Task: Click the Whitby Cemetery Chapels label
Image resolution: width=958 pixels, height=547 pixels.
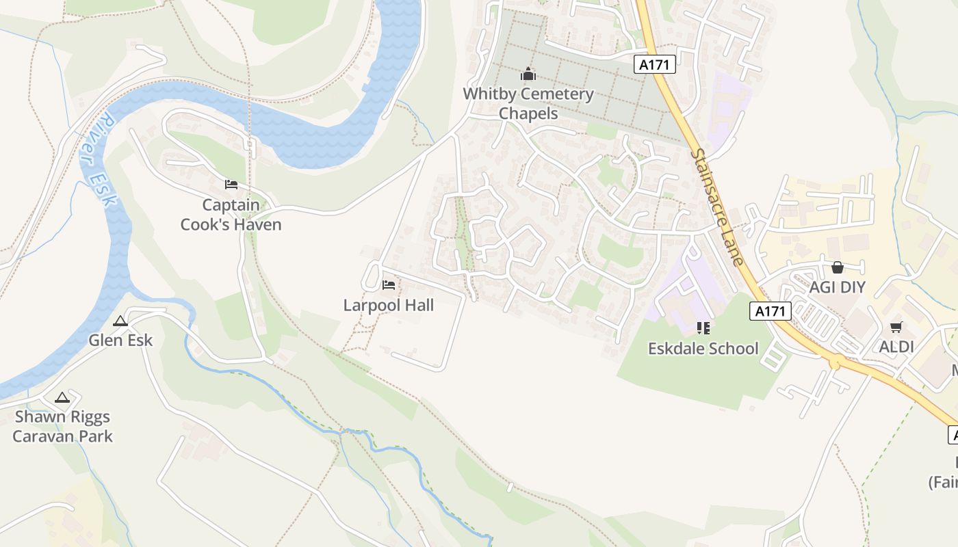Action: [x=528, y=103]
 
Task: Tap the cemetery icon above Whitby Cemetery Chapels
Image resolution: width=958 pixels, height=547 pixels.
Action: [x=528, y=74]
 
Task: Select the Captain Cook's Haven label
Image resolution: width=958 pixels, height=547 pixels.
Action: [x=231, y=215]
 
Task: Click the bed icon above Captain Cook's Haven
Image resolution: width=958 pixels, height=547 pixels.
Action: [x=231, y=185]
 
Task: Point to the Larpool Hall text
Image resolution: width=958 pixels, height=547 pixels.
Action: [x=388, y=305]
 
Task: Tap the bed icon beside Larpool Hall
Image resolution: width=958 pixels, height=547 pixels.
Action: [x=389, y=284]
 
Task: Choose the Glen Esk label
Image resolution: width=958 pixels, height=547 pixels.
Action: [x=120, y=340]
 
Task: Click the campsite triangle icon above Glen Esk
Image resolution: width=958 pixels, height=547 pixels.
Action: [x=120, y=321]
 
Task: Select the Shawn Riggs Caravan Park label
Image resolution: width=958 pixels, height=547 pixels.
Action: [x=62, y=426]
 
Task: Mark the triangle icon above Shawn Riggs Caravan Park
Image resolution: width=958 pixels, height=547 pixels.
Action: [x=62, y=397]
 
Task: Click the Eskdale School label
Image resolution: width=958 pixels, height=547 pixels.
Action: [x=703, y=348]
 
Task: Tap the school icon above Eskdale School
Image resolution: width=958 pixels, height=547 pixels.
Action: [x=703, y=328]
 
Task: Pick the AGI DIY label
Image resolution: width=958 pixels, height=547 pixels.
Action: [x=837, y=287]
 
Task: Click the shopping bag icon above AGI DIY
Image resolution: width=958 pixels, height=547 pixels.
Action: [x=837, y=267]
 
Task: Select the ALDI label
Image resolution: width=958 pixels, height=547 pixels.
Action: [x=896, y=347]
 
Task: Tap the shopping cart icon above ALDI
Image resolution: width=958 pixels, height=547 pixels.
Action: [x=896, y=328]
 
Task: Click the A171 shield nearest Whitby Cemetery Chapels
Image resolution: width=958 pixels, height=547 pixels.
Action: [x=655, y=64]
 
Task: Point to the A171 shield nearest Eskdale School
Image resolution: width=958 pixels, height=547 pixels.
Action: [x=770, y=311]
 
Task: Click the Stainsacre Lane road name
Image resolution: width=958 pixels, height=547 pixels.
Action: [x=716, y=207]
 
